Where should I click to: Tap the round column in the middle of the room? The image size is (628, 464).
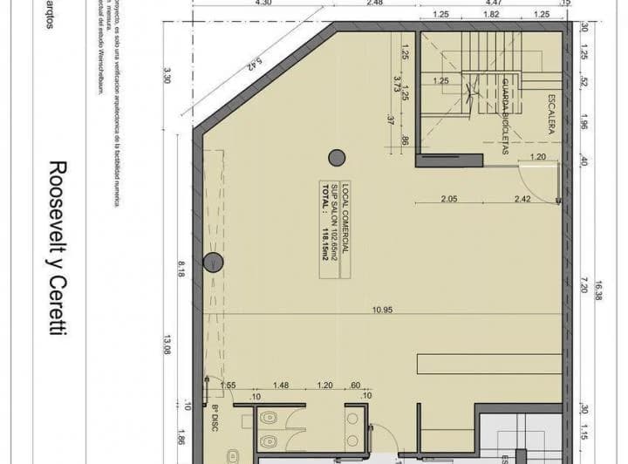coord(337,158)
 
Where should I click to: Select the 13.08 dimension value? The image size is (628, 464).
coord(167,348)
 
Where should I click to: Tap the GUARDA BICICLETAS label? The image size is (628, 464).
coord(505,118)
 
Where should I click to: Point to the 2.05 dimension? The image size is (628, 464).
coord(449,200)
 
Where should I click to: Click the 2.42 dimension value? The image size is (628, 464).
coord(522,200)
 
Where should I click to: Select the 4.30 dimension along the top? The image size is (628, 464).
coord(262,3)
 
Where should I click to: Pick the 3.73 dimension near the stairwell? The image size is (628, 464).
coord(398,84)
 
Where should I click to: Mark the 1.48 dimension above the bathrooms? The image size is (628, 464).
coord(280,386)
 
